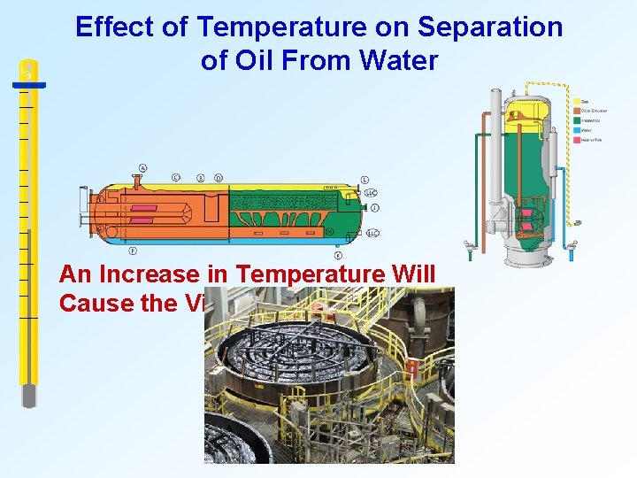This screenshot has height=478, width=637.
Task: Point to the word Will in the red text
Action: pos(412,274)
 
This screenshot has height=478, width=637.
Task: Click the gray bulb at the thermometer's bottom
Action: pos(29,395)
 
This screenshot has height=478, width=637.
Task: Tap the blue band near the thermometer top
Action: pos(28,87)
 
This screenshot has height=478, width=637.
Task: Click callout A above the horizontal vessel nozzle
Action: pos(143,168)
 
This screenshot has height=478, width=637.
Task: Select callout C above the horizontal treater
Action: pos(176,178)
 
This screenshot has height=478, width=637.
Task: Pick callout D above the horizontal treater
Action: pos(219,178)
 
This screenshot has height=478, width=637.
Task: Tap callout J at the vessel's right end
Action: pos(375,207)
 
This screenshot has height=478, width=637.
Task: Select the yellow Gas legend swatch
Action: pos(577,101)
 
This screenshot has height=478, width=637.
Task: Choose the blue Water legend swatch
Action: pos(577,129)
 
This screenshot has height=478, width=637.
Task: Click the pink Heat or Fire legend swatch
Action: pos(577,139)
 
